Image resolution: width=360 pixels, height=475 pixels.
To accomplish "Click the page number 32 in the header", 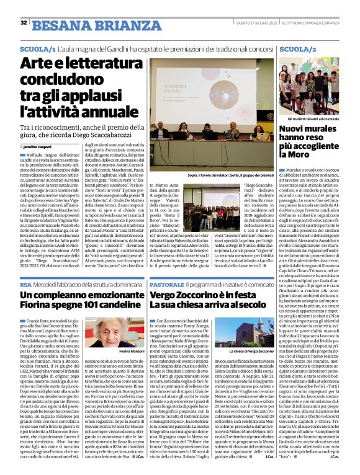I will pyautogui.click(x=24, y=23).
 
